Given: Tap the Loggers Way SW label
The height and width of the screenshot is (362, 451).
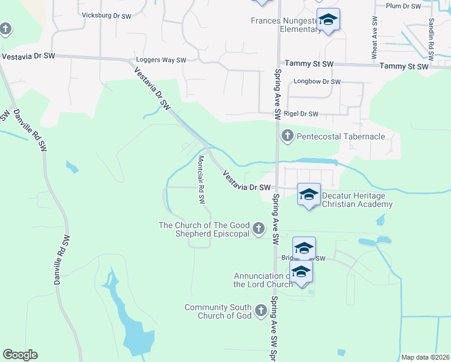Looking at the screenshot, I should click(161, 60).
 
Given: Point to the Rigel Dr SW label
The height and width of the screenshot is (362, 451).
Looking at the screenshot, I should click(301, 113).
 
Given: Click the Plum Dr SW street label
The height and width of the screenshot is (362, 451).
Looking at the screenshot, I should click(403, 6).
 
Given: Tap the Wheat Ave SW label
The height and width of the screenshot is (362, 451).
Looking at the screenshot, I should click(374, 42).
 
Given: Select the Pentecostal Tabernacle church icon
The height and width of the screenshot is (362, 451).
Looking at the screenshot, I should click(287, 136).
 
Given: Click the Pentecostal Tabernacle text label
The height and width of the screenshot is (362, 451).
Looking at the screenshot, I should click(341, 136).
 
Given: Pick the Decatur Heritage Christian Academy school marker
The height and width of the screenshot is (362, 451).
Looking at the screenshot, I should click(309, 195).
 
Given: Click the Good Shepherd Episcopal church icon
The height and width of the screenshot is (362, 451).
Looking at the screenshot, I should click(259, 229).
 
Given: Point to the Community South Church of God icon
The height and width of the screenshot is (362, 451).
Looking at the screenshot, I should click(261, 311).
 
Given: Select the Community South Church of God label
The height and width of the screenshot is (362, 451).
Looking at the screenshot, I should click(218, 311).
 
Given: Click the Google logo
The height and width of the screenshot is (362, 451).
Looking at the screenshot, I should click(20, 355).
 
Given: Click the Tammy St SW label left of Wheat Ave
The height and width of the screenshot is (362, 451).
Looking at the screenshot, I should click(309, 64).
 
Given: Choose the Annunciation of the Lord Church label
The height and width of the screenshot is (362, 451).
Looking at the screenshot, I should click(263, 280).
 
